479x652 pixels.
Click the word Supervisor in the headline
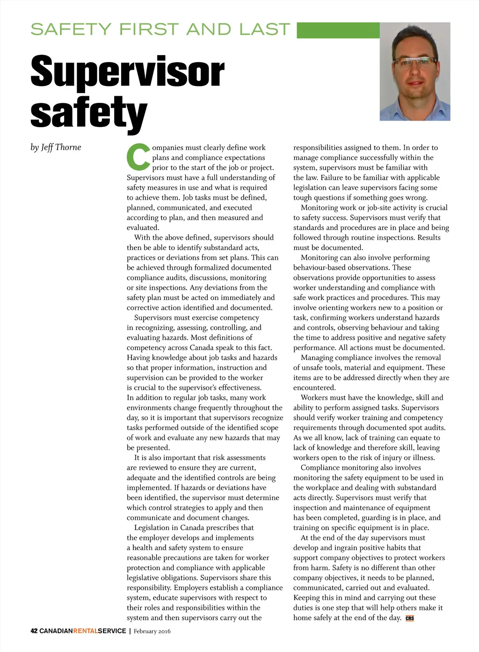127,72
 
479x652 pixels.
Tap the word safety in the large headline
88,113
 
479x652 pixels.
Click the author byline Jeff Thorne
56,147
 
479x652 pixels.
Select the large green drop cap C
138,158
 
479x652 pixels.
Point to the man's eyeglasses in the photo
414,61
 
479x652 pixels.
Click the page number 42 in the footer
34,631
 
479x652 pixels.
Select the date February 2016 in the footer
152,631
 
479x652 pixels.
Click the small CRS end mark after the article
410,618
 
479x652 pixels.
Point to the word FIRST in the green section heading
149,29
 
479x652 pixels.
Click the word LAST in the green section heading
264,29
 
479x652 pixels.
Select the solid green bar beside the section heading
338,30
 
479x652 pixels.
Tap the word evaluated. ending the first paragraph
143,228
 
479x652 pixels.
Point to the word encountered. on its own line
314,387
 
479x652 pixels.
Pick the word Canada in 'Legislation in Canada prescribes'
192,528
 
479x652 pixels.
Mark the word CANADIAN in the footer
56,631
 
